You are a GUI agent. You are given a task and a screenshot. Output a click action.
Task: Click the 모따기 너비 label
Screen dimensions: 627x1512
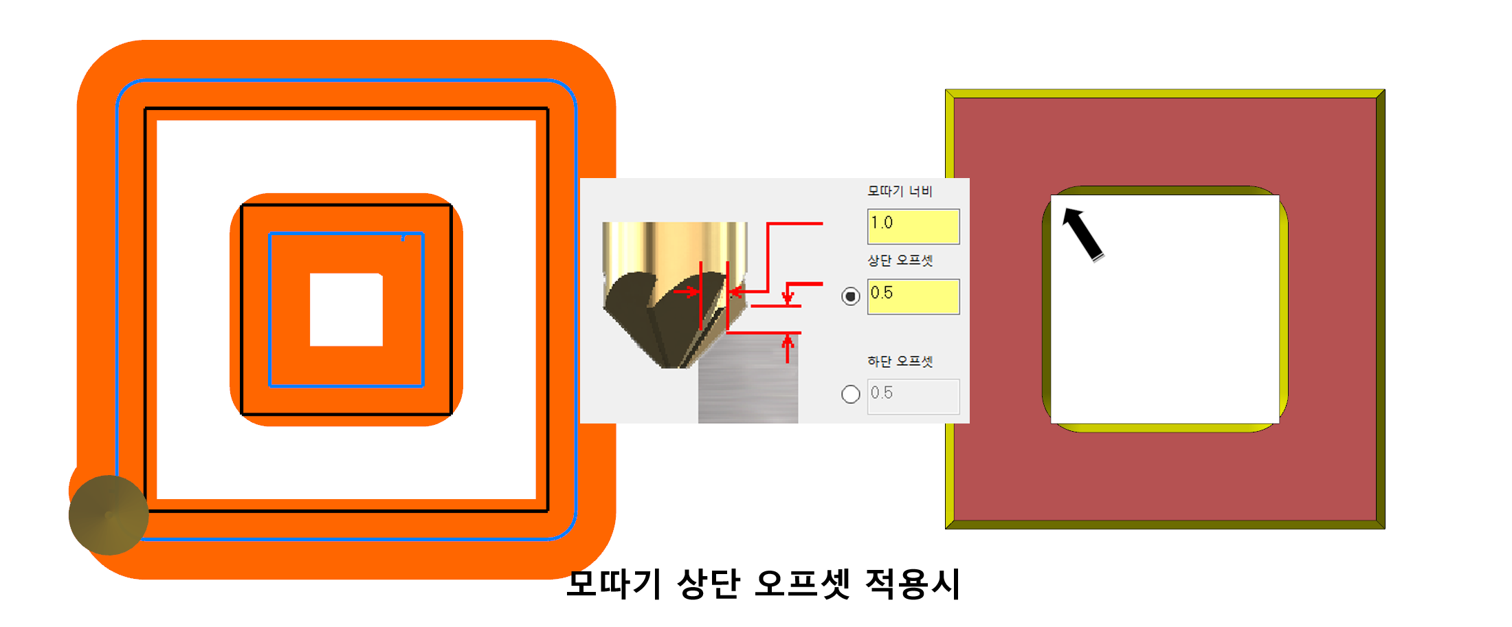point(899,191)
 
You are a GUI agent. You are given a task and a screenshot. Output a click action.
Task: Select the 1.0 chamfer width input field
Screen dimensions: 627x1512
point(913,227)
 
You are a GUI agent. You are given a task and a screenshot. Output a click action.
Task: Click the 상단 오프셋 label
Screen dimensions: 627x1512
point(899,261)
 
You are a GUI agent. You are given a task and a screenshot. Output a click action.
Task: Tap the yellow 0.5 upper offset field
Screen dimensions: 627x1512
point(913,297)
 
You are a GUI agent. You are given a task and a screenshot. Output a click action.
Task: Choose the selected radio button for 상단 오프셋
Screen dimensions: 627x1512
point(850,296)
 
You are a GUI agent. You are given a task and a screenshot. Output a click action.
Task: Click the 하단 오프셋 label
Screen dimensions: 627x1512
point(899,362)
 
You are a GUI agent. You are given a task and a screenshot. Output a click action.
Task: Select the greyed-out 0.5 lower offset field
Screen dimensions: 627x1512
point(913,396)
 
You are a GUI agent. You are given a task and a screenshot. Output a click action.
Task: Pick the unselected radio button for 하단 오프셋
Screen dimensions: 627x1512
point(850,394)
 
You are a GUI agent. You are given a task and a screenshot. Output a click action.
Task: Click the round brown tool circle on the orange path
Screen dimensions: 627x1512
point(109,515)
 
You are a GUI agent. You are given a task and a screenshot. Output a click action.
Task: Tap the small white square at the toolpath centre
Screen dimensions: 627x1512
point(346,309)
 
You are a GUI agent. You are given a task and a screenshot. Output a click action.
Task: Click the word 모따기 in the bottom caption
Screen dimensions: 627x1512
point(614,584)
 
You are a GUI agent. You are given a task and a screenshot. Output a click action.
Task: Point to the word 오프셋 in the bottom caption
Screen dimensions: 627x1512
point(801,584)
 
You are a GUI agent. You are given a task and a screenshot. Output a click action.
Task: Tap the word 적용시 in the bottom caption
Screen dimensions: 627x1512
point(912,584)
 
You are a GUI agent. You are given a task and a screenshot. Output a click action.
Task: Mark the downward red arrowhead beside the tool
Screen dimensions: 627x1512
point(788,298)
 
